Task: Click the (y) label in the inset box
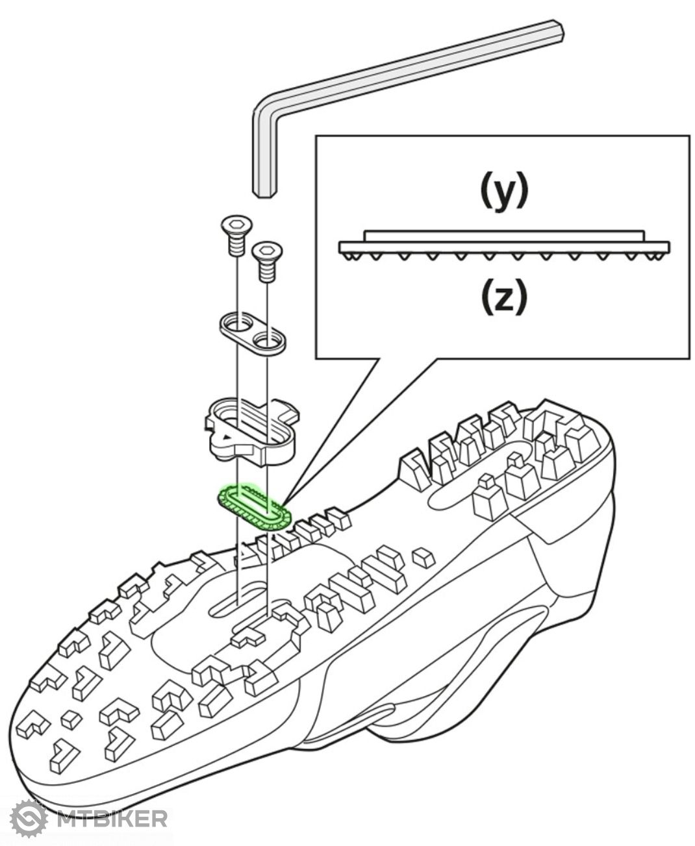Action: (503, 191)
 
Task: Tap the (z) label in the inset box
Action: (503, 298)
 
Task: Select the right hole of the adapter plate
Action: (267, 338)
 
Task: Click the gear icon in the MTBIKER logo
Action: (30, 818)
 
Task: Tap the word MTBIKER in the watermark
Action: (112, 818)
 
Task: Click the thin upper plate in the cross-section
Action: (504, 235)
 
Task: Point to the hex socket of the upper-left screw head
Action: (234, 225)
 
